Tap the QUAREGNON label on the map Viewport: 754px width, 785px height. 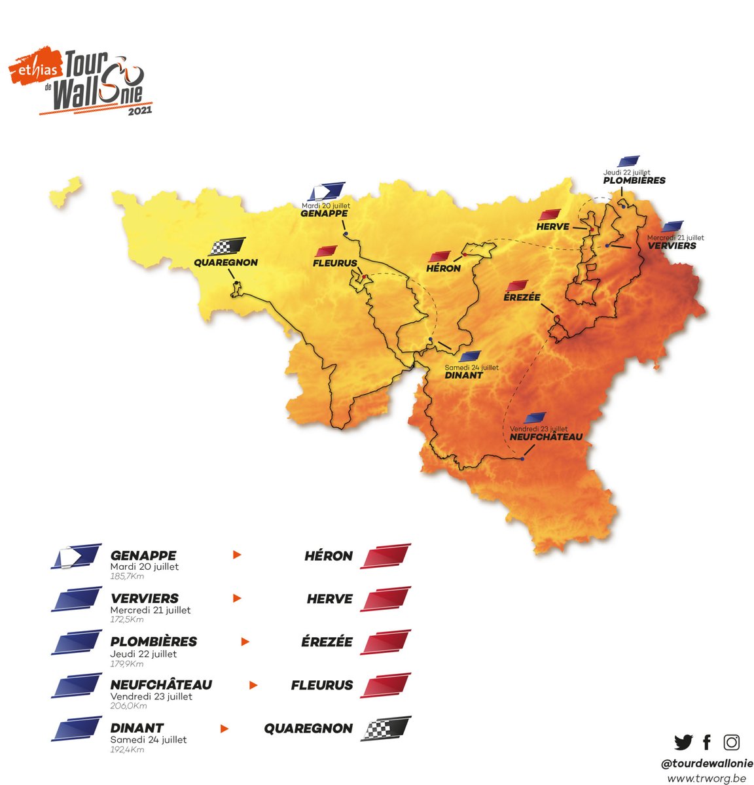226,263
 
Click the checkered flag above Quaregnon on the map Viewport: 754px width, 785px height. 227,247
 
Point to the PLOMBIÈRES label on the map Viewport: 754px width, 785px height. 634,181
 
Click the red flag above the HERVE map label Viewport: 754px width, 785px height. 550,215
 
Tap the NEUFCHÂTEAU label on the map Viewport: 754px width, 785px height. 545,437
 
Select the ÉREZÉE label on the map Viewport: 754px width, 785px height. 522,297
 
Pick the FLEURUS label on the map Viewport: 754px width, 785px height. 335,264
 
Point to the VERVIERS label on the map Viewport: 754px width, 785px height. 672,246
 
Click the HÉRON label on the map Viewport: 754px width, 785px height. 443,268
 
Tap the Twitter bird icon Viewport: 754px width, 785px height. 683,742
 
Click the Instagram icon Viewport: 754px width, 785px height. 731,742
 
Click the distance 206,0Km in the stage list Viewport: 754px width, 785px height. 128,706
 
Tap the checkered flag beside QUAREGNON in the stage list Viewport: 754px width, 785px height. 386,727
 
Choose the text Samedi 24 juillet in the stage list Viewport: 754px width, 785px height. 148,739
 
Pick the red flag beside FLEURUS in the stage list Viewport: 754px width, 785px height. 386,685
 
